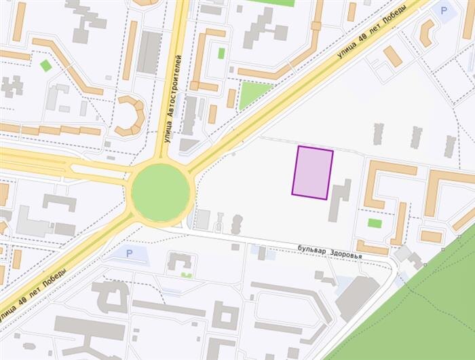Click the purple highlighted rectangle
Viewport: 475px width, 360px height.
pos(312,173)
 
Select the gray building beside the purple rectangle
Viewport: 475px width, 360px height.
pos(339,200)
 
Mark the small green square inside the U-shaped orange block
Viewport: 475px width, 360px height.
pos(374,223)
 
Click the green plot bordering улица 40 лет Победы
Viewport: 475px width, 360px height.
pos(252,93)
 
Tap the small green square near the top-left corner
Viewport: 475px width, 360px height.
pos(45,65)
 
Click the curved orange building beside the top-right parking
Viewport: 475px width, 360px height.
pos(426,33)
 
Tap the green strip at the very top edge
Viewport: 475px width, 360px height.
pos(271,3)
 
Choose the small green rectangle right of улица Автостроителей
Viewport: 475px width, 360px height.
pos(221,53)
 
